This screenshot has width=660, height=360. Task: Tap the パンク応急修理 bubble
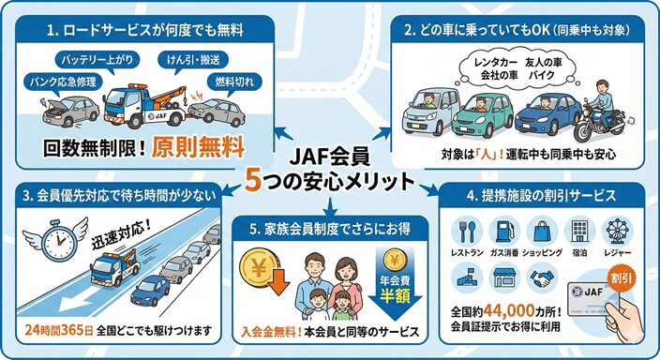click(x=64, y=81)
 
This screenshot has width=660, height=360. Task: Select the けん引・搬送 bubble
click(x=187, y=61)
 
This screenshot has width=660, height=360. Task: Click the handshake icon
click(x=542, y=276)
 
